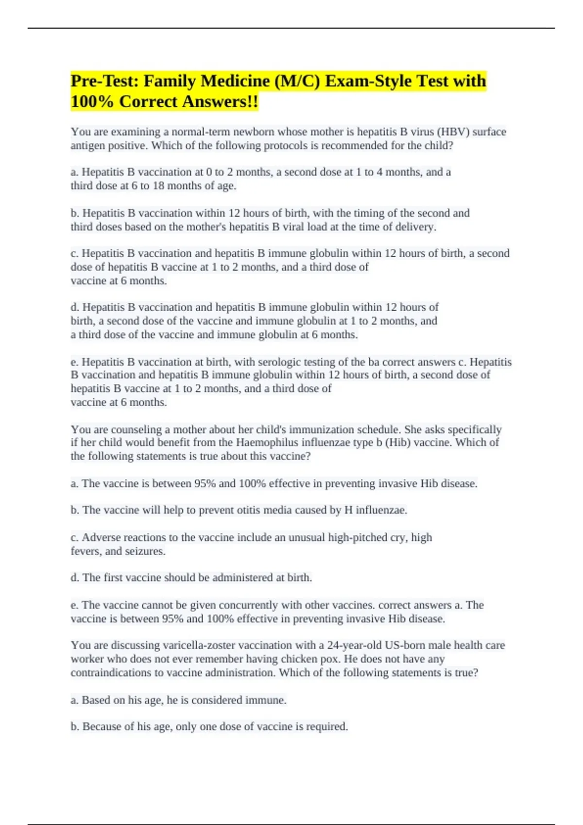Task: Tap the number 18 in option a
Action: pyautogui.click(x=158, y=186)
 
